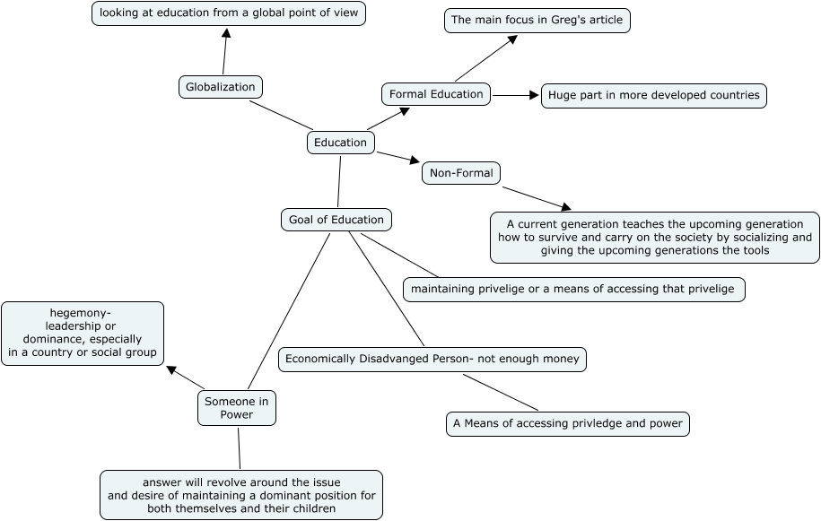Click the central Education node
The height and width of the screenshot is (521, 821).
340,143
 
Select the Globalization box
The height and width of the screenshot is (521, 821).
221,87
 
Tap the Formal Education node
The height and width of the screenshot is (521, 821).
436,94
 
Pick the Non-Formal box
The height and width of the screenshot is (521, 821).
461,173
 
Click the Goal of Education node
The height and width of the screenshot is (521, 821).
336,220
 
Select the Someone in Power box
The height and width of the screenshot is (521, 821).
237,408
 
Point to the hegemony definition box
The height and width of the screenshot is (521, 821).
83,334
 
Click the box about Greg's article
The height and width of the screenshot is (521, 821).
537,21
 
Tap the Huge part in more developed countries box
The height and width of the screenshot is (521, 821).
654,96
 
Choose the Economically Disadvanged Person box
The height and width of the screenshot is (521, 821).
432,360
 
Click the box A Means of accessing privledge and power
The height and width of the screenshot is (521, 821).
568,423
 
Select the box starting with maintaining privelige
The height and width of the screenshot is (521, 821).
574,290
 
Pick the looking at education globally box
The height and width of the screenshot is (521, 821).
229,13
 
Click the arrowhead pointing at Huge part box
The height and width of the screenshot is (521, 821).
534,95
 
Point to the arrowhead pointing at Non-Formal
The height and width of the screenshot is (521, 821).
415,160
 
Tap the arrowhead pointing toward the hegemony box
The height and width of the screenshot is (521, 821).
171,369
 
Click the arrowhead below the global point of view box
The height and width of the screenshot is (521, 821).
226,33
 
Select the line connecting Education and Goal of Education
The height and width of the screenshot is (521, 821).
339,181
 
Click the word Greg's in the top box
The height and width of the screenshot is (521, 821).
568,21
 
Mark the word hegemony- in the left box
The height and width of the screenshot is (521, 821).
81,313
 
